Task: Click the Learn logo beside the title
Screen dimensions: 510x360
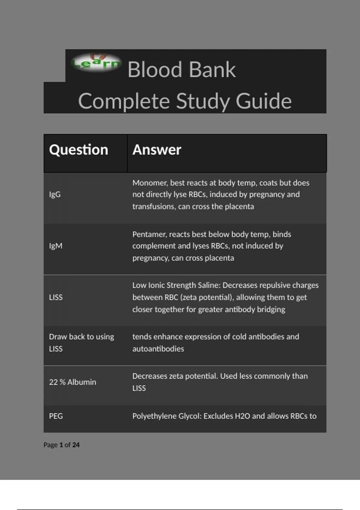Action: click(x=96, y=63)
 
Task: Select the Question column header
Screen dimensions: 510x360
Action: click(x=79, y=150)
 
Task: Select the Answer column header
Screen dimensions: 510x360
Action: click(x=157, y=150)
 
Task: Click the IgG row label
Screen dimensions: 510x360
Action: click(x=55, y=194)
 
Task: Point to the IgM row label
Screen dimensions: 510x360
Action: click(x=56, y=246)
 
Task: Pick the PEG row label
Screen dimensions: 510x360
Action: click(x=56, y=416)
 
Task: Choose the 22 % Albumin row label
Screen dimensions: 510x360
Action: click(x=73, y=382)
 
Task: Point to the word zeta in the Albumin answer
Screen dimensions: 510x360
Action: click(x=176, y=376)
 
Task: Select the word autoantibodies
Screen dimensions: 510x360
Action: click(x=158, y=349)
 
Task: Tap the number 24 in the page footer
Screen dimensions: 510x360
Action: click(x=76, y=445)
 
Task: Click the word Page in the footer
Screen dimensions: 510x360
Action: click(x=50, y=445)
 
